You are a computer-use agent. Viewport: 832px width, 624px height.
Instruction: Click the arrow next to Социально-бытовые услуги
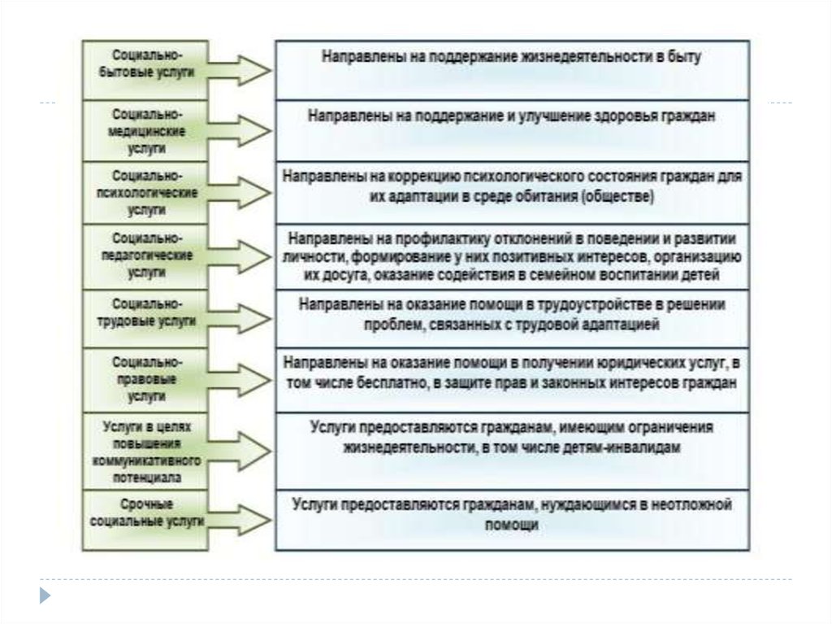(241, 70)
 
